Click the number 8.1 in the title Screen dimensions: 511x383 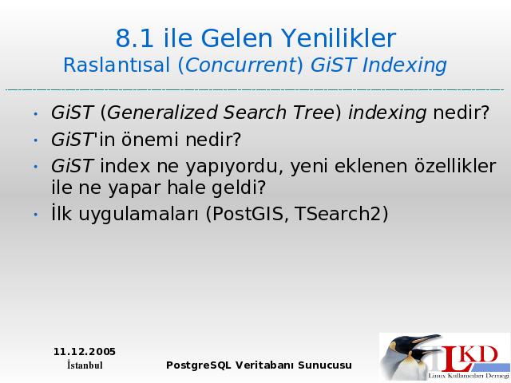[135, 38]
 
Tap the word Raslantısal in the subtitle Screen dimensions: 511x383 [117, 65]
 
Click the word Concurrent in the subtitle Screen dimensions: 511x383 [240, 65]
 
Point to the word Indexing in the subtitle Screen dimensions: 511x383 [404, 65]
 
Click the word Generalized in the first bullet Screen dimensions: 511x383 [161, 113]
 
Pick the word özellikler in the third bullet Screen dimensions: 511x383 [455, 165]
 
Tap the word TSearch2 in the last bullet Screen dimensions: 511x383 [338, 214]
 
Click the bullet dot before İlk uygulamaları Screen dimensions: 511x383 [36, 215]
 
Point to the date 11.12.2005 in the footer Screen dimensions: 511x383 [85, 352]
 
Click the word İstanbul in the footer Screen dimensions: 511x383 [85, 365]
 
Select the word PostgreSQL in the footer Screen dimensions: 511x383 [199, 365]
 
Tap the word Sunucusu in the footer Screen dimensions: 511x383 [325, 365]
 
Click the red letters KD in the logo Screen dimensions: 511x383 [480, 354]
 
